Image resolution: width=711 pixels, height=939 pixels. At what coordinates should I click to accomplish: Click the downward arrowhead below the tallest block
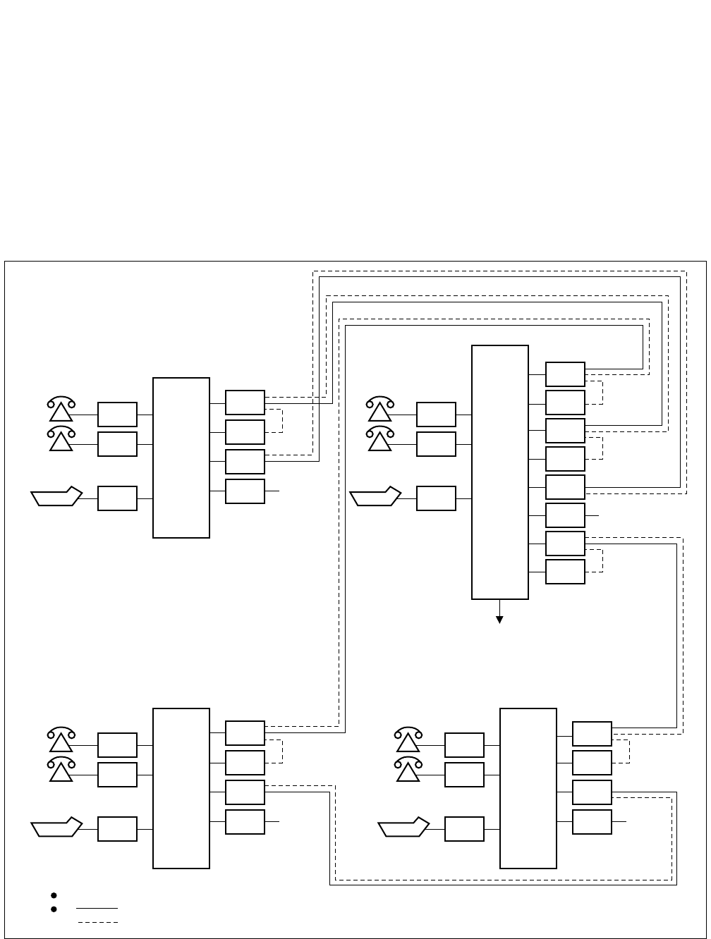(x=500, y=620)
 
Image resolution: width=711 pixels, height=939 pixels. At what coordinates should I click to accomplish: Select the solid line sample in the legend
(x=97, y=909)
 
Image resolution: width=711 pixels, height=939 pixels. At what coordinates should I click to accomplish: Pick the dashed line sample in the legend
(x=97, y=922)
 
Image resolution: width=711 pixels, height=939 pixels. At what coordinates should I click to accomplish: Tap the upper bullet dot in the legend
(x=54, y=895)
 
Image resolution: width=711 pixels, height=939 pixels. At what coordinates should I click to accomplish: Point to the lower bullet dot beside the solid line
(x=54, y=909)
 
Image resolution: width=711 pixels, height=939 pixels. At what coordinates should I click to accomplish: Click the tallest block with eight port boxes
(x=500, y=472)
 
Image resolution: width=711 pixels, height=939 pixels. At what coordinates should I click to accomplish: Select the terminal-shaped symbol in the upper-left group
(x=57, y=497)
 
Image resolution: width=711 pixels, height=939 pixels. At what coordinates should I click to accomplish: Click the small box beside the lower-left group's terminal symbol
(x=117, y=829)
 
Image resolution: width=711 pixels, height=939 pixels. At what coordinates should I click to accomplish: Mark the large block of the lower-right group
(x=528, y=788)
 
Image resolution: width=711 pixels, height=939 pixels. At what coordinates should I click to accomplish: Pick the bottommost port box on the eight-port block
(x=565, y=572)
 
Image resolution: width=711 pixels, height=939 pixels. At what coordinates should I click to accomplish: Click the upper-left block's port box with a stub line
(x=245, y=491)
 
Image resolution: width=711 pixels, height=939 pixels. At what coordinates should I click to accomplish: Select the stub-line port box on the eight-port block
(x=565, y=515)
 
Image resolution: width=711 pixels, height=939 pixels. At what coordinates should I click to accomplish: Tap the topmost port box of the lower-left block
(x=245, y=733)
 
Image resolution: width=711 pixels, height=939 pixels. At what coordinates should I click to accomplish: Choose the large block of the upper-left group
(x=181, y=458)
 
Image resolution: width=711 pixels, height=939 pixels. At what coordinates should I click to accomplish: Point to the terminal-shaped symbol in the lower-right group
(x=404, y=828)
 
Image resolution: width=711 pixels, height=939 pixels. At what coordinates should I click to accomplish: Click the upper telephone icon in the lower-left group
(x=61, y=739)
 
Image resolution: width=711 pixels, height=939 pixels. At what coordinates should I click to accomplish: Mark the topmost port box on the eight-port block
(x=565, y=374)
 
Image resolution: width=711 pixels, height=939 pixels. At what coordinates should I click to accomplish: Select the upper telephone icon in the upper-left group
(x=61, y=409)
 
